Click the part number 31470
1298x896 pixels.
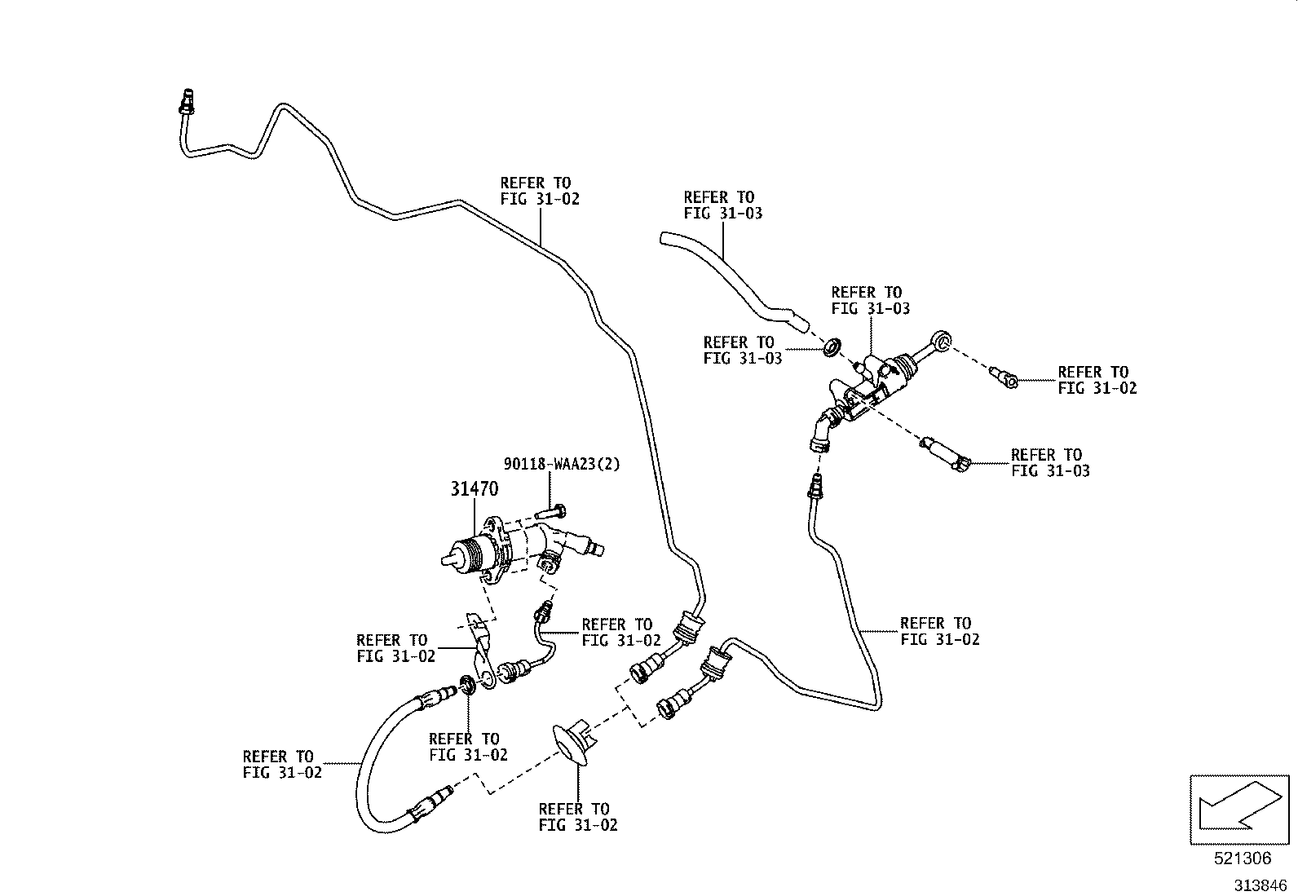coord(474,489)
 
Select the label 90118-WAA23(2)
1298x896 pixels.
coord(562,464)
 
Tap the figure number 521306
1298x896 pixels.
coord(1243,858)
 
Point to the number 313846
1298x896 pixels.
coord(1260,885)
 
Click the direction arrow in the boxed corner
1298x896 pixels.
coord(1239,806)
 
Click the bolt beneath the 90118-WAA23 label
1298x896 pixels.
coord(550,512)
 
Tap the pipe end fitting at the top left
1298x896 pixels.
coord(188,102)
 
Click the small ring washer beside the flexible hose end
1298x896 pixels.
coord(467,685)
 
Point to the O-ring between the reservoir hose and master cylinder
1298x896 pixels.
coord(832,346)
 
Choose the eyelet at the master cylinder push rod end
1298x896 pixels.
coord(940,341)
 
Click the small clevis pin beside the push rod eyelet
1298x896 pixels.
coord(1004,377)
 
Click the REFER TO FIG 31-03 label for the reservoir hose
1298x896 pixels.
coord(723,205)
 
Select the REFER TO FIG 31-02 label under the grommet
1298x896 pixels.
coord(578,817)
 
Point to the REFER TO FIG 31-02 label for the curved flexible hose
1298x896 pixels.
coord(282,765)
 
